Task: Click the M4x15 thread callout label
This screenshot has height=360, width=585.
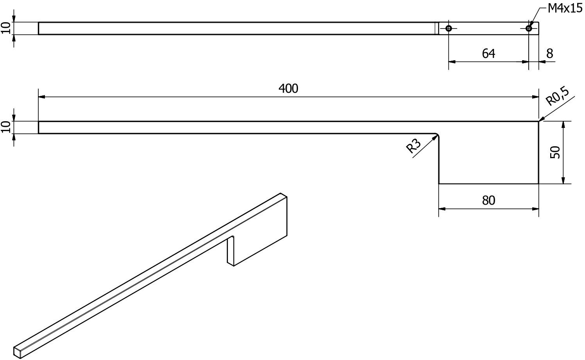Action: [565, 9]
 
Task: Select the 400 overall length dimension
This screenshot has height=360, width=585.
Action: [288, 89]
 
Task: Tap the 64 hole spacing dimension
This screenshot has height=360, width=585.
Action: [488, 54]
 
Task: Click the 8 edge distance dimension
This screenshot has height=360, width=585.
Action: [550, 54]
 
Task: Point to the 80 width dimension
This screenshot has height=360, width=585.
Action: [488, 200]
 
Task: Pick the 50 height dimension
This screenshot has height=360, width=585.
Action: [555, 152]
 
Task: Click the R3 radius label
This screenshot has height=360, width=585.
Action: [413, 146]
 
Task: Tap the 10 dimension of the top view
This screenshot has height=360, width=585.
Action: [6, 28]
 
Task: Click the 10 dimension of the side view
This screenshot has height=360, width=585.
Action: [6, 127]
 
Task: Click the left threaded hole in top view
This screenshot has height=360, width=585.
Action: [449, 28]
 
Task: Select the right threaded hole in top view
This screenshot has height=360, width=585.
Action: [529, 28]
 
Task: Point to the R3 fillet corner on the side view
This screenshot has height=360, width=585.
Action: [438, 135]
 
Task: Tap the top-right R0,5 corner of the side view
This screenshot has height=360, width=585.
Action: [538, 121]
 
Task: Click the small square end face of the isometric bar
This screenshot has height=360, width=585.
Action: [17, 353]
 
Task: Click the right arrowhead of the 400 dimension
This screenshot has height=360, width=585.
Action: [535, 97]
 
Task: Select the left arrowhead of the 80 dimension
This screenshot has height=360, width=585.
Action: [442, 209]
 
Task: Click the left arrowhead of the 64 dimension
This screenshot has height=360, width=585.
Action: [452, 62]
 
